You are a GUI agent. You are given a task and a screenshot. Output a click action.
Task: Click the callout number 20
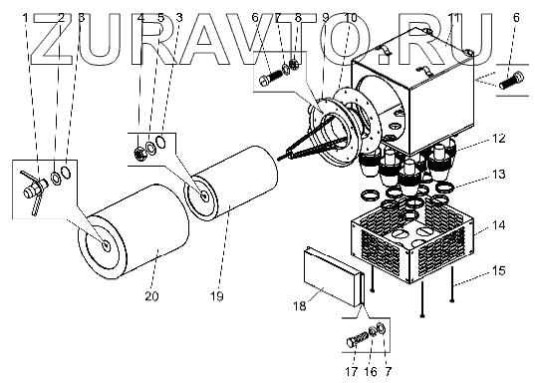151,296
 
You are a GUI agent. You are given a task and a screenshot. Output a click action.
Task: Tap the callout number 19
217,296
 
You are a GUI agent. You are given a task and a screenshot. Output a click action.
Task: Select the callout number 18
300,306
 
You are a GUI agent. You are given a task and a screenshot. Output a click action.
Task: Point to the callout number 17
351,371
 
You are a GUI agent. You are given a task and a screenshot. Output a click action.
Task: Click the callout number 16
371,371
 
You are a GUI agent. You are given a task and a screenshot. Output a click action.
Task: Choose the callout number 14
498,225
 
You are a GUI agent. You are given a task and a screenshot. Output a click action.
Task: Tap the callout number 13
498,175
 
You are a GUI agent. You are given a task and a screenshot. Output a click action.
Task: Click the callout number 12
498,139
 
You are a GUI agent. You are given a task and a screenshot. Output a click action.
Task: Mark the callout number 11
454,17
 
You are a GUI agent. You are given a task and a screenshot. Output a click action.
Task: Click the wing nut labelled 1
33,192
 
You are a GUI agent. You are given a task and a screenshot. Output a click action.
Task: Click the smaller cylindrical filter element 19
231,184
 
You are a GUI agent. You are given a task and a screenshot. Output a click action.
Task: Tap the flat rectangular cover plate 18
333,276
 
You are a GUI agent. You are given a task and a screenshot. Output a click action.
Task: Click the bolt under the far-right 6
511,80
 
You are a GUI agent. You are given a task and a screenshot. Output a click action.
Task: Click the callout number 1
26,17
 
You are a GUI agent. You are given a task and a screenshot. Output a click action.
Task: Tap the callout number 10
351,17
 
